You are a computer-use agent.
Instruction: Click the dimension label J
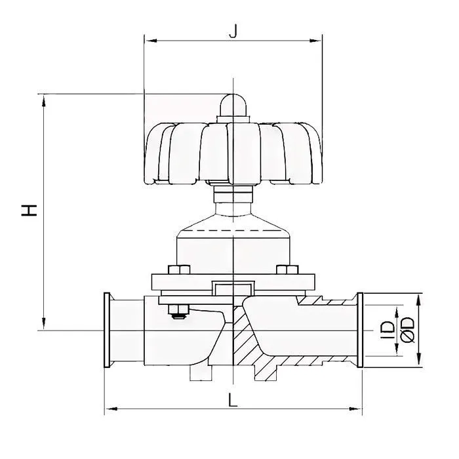point(232,30)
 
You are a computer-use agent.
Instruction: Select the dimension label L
point(233,399)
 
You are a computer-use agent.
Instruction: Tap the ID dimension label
point(388,329)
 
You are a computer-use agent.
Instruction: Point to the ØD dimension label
point(409,329)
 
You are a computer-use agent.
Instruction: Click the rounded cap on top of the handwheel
point(233,107)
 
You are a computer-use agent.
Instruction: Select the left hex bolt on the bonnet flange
point(176,269)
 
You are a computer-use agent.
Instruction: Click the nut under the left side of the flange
point(177,312)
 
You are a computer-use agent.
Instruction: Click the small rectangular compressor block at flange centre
point(233,288)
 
